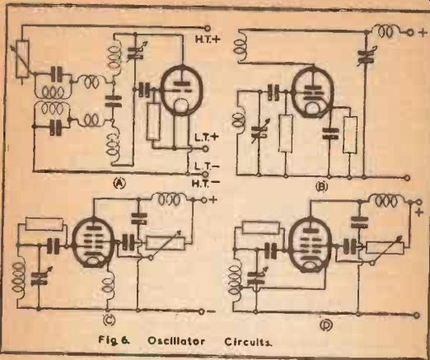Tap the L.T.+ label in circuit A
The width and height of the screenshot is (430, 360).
206,138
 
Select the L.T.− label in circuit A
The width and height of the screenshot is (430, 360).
206,166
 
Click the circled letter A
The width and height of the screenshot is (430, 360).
119,183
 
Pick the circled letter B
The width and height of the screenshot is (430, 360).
322,187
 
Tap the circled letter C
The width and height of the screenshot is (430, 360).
108,320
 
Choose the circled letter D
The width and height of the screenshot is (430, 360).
326,325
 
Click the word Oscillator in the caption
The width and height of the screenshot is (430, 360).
176,341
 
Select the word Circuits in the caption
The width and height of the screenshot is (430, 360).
248,342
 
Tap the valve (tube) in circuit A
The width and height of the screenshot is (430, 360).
181,90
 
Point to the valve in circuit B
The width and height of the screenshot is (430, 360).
313,93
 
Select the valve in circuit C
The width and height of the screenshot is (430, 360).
93,242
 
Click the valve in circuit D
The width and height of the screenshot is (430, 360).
310,245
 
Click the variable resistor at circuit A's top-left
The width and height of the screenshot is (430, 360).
22,58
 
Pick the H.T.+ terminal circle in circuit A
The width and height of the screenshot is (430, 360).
208,28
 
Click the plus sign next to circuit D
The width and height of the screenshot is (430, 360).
418,213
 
